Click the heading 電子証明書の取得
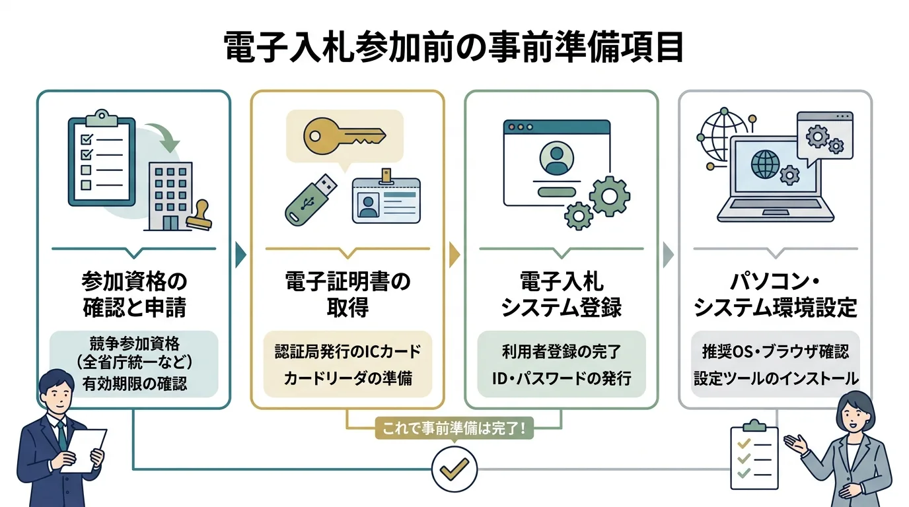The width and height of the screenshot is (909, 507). (x=347, y=294)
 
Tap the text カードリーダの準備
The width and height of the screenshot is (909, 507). (x=347, y=378)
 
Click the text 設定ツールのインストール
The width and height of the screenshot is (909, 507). (x=776, y=378)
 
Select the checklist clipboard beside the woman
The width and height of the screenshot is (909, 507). (x=752, y=453)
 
